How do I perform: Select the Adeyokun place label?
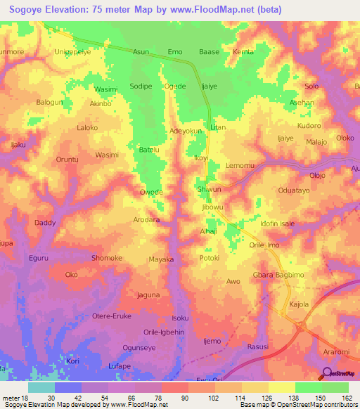point(186,131)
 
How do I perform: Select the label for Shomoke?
point(107,258)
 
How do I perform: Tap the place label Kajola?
point(300,304)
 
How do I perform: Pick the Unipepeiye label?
point(73,52)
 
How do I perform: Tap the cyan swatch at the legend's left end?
point(41,387)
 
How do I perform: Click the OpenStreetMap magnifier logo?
point(326,373)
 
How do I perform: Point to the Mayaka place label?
point(161,259)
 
